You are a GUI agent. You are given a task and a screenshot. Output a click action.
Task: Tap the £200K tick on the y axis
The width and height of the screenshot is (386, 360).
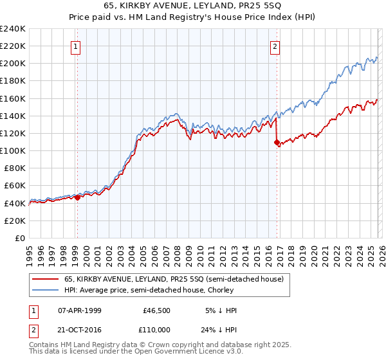click(12, 64)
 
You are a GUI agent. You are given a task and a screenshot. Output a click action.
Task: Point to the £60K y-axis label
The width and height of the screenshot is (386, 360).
click(14, 186)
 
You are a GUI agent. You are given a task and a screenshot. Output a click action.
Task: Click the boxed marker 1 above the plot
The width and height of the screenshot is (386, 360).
click(77, 46)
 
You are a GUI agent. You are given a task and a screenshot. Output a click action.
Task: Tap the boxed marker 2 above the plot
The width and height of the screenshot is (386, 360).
click(275, 46)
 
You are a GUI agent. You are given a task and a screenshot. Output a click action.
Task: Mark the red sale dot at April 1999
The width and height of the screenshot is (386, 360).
click(77, 197)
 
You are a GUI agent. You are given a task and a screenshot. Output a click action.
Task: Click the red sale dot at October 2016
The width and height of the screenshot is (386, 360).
click(277, 142)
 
